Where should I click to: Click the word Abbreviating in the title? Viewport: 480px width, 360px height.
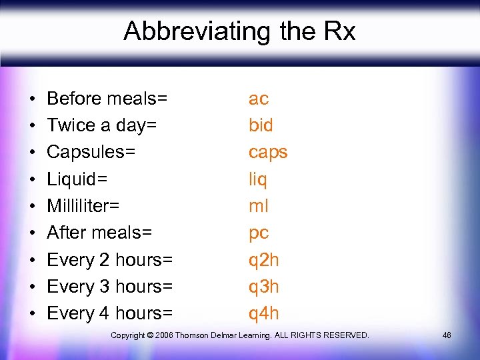185,31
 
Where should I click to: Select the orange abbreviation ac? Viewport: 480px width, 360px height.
259,99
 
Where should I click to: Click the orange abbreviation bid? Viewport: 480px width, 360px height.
261,125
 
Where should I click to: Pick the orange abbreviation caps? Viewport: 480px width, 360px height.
268,153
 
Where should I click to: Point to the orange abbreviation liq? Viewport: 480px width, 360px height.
258,179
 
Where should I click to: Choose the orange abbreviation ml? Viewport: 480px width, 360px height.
259,206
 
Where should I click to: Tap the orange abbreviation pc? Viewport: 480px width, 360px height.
259,233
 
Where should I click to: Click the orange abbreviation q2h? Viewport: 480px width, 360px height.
264,260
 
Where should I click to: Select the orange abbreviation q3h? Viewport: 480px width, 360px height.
264,287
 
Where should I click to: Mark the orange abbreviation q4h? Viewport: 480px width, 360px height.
264,313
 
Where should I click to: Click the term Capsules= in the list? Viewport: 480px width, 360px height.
91,153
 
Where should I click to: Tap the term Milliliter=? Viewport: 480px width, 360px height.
83,206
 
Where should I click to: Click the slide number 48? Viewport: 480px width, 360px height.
447,335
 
